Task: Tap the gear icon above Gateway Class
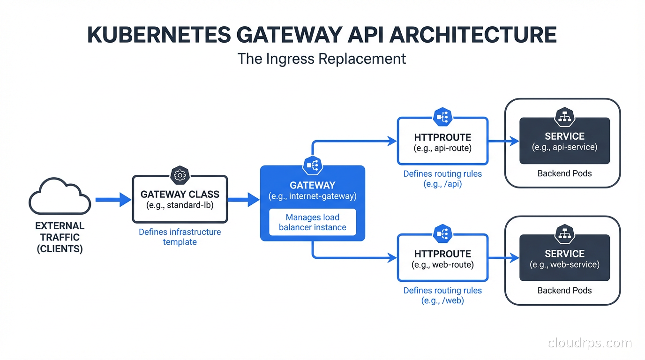click(180, 175)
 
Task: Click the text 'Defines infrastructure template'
click(180, 237)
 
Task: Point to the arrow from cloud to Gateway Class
click(113, 200)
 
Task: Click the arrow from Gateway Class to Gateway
click(243, 200)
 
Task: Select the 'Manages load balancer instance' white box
click(313, 222)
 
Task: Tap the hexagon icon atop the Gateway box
click(313, 165)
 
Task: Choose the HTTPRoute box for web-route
click(442, 259)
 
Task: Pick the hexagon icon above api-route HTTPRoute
click(442, 117)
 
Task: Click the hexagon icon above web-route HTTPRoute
click(442, 233)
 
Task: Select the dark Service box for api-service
click(564, 141)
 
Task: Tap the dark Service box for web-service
click(564, 258)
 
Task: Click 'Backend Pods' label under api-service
click(564, 173)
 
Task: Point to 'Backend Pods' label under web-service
click(564, 291)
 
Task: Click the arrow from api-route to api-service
click(503, 141)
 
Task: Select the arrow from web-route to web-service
click(503, 258)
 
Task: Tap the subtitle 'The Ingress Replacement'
click(322, 59)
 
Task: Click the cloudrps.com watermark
click(590, 343)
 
